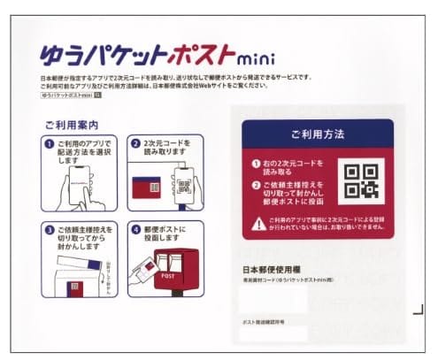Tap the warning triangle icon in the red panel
click(258, 224)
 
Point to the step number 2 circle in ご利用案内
click(136, 144)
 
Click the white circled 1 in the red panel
click(256, 164)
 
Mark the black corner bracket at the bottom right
click(419, 309)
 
